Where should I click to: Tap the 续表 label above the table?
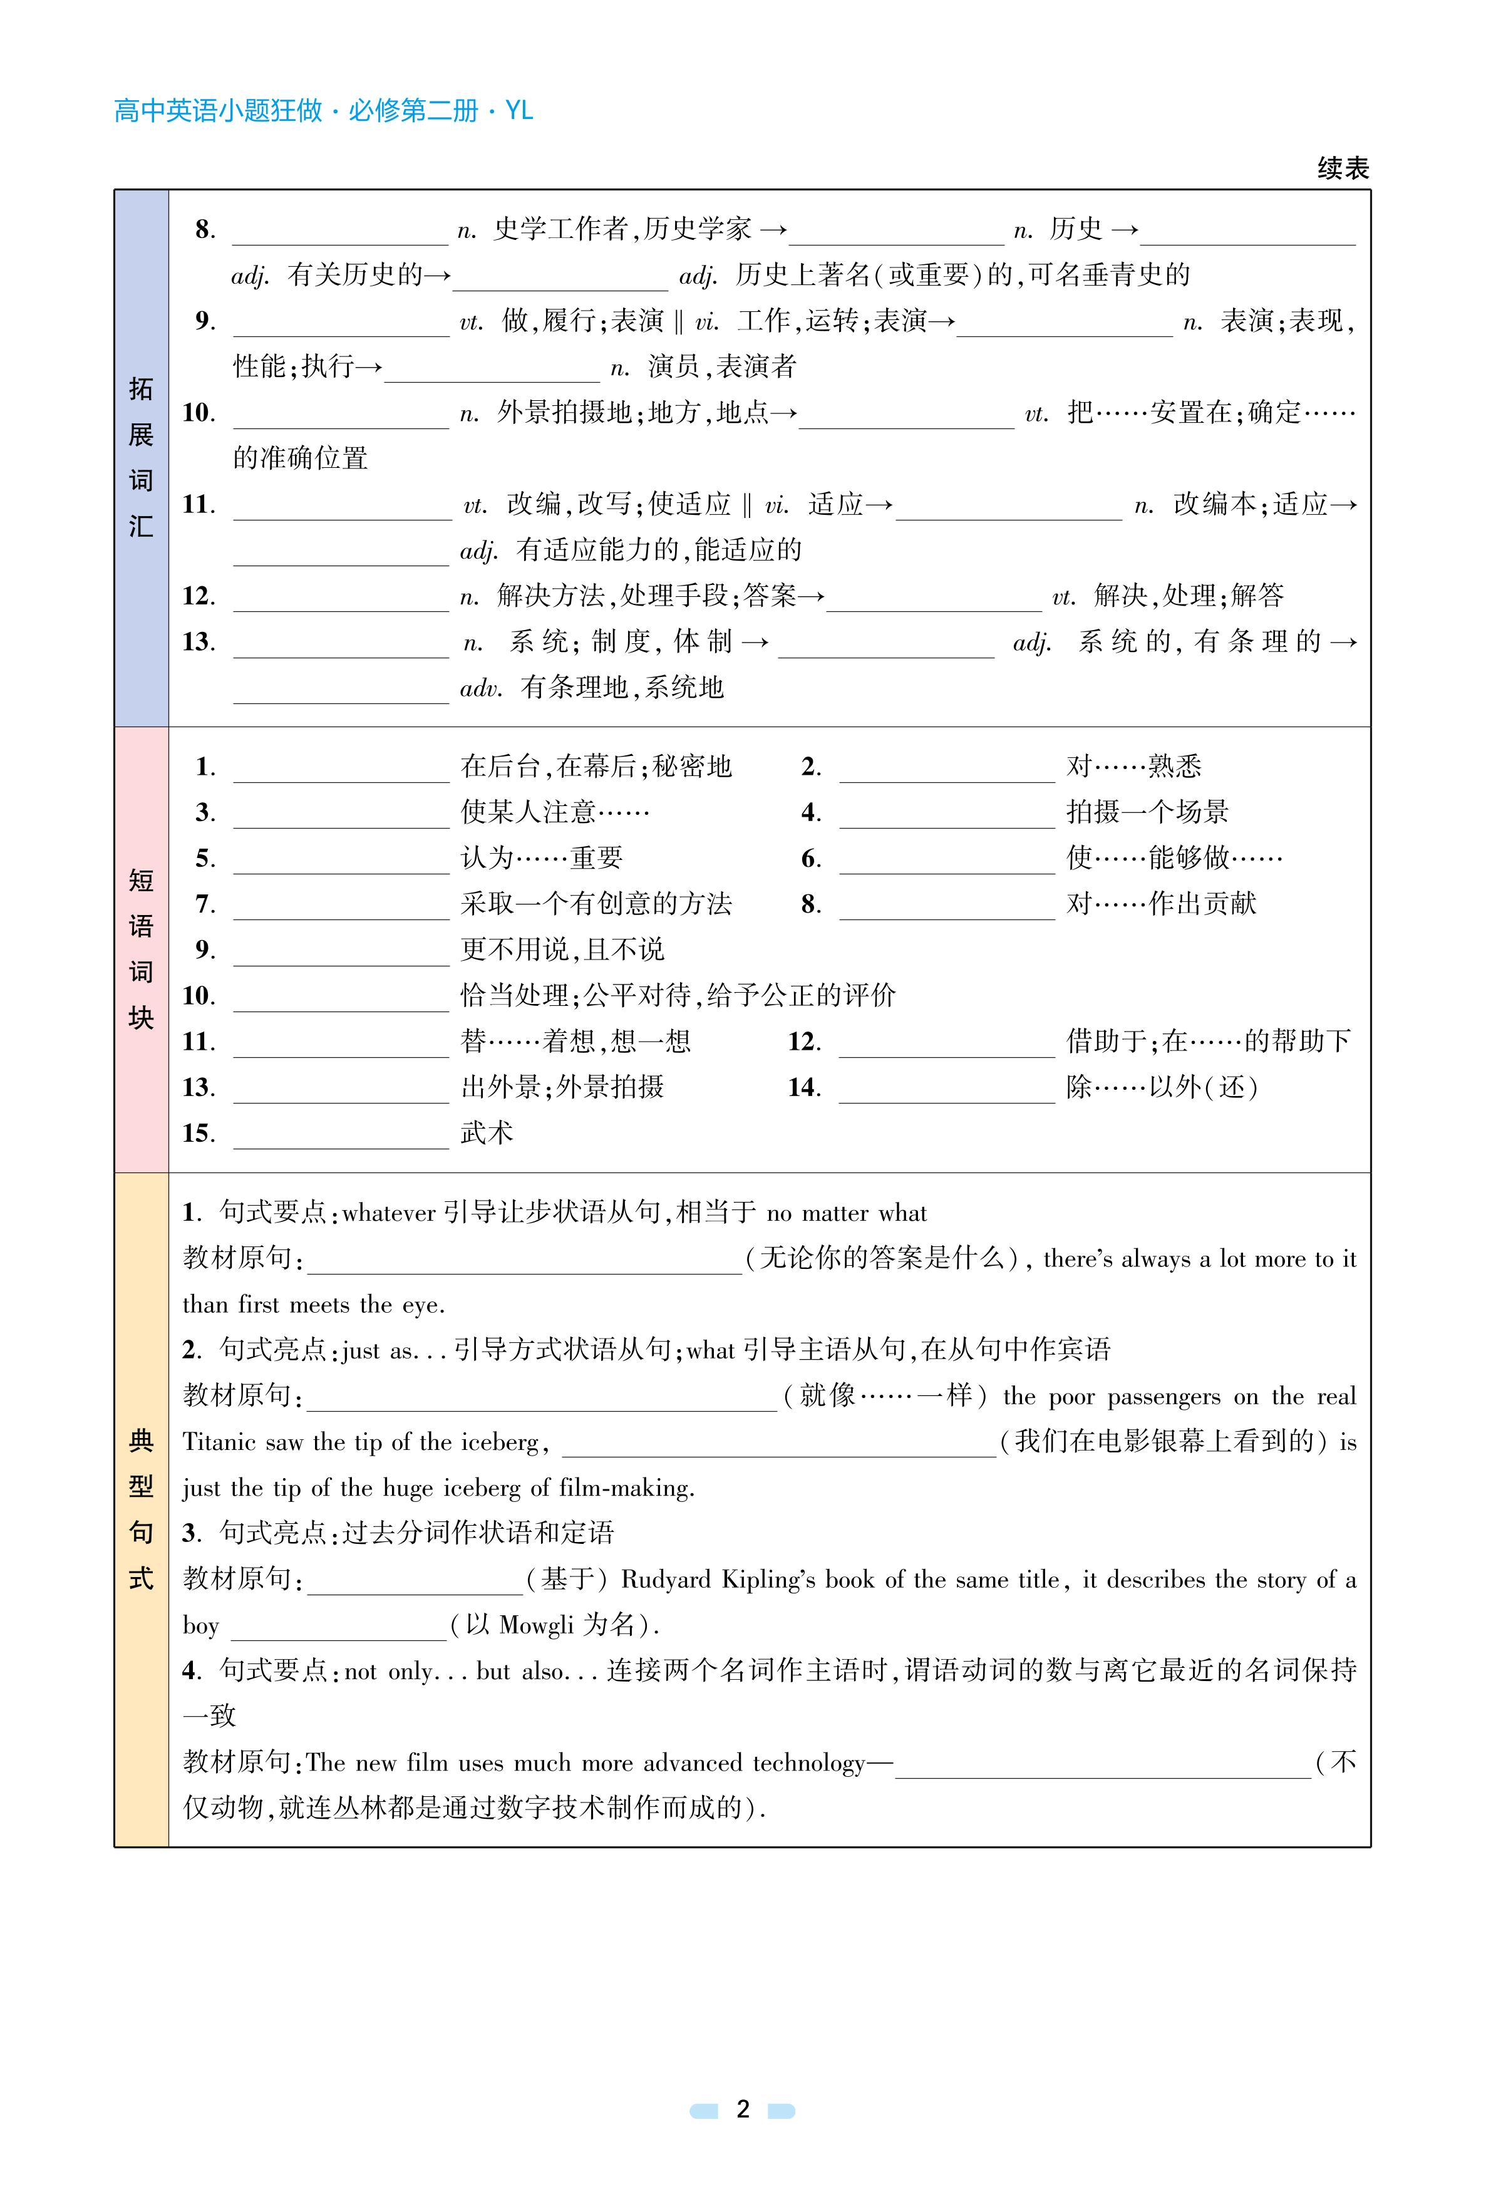(x=1342, y=168)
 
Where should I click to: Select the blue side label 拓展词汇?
(x=141, y=457)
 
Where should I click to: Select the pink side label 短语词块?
(x=141, y=949)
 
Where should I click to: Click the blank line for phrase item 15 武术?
(x=341, y=1136)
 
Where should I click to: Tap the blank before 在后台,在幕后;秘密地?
(x=341, y=768)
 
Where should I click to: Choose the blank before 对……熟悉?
(x=947, y=768)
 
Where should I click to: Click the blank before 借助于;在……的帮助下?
(x=947, y=1043)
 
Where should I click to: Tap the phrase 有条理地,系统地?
(x=622, y=687)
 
